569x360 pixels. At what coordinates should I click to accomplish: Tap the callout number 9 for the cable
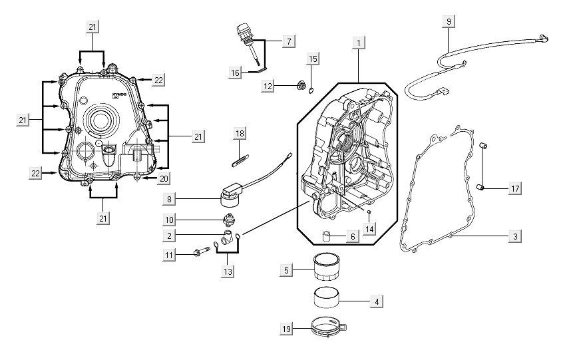point(449,22)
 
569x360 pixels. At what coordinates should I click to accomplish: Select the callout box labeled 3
point(515,236)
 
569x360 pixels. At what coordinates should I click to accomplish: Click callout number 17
point(515,190)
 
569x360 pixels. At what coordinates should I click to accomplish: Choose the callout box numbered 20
point(164,178)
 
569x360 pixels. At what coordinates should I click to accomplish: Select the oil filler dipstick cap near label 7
point(243,31)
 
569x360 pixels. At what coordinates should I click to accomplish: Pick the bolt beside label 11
point(198,253)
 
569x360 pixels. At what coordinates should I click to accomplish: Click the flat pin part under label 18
point(240,158)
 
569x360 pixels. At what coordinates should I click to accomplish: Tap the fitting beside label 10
point(229,221)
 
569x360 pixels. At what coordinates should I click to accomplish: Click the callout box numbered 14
point(369,228)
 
